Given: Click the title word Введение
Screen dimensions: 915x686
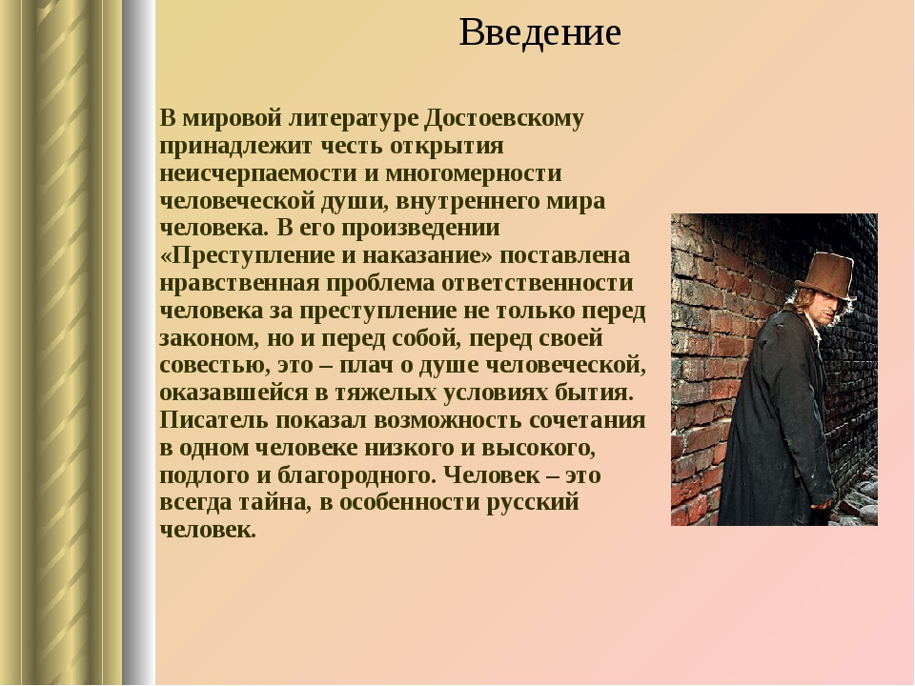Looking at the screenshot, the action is pyautogui.click(x=539, y=32).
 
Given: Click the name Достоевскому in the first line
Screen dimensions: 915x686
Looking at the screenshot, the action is pyautogui.click(x=504, y=119).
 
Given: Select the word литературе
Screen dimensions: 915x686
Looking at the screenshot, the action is pyautogui.click(x=354, y=119).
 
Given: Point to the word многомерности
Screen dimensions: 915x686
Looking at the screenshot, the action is pyautogui.click(x=474, y=173).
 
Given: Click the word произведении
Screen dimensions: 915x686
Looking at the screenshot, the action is pyautogui.click(x=420, y=229).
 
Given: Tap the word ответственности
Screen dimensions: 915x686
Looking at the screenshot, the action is pyautogui.click(x=538, y=283).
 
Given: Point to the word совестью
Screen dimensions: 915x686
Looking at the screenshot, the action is pyautogui.click(x=214, y=366).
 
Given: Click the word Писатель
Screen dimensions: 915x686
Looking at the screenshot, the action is pyautogui.click(x=214, y=420).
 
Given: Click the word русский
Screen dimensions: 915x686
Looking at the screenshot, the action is pyautogui.click(x=532, y=503).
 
